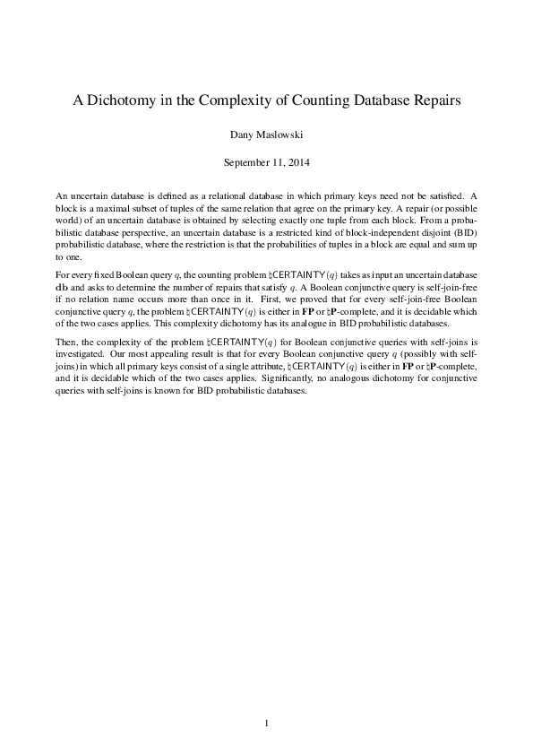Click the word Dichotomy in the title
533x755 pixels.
point(123,101)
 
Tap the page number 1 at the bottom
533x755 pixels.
point(266,723)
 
